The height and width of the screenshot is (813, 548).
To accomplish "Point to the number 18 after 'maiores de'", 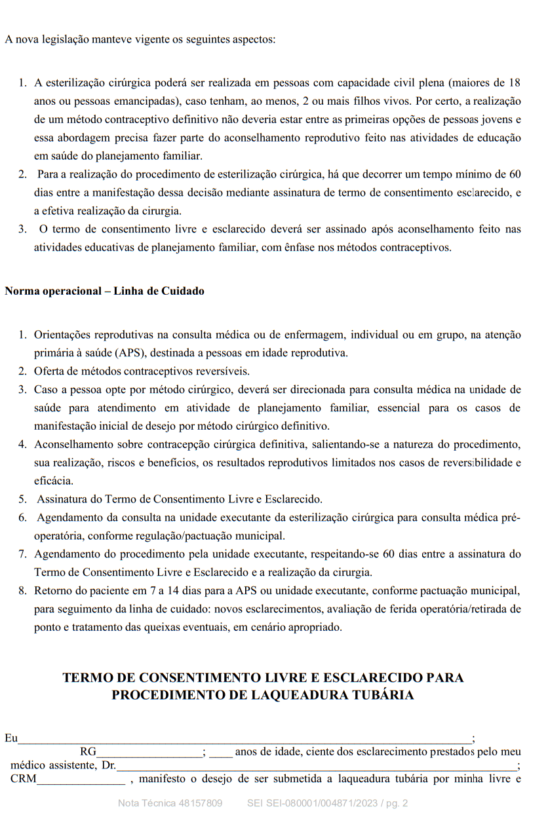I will tap(515, 83).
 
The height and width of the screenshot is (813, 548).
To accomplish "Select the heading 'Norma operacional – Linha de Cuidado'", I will tap(104, 291).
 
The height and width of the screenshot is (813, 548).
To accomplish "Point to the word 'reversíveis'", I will tap(212, 371).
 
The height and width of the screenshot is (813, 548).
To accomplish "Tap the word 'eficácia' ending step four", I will tap(54, 481).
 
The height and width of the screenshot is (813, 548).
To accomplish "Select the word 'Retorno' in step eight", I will tap(52, 590).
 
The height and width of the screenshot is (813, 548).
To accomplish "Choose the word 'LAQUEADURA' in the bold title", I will tap(293, 695).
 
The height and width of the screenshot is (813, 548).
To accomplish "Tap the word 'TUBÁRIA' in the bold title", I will tap(380, 695).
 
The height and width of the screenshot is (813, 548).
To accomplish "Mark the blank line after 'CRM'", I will tap(81, 780).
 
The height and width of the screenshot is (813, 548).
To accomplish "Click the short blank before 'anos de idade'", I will tap(221, 753).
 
